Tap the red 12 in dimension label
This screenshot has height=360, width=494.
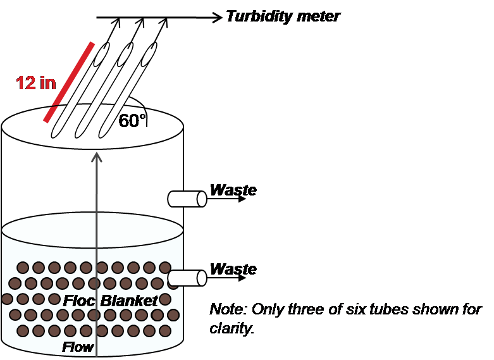36,83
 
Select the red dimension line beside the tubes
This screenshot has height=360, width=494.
69,82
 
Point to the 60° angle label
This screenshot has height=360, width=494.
132,120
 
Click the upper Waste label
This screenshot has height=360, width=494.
233,190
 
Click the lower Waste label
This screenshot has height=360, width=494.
233,269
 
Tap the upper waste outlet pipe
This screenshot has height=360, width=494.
187,199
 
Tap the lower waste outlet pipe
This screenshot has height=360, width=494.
187,278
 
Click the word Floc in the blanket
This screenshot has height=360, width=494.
79,301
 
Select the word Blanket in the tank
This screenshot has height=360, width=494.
129,301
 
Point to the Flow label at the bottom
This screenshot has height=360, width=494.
78,347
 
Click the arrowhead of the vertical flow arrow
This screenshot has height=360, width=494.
97,157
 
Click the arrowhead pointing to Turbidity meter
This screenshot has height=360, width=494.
216,17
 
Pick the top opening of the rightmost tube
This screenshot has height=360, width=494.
149,54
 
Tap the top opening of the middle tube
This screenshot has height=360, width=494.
125,54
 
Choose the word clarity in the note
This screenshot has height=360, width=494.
232,328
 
